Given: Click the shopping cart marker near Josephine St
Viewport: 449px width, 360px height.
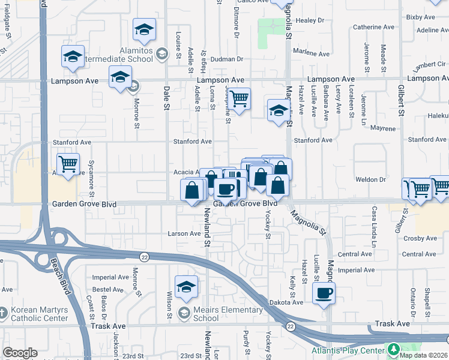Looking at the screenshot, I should point(239,98).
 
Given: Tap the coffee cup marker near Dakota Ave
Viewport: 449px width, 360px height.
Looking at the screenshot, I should point(324,293).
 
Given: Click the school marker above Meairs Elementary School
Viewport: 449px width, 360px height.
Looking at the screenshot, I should point(186,287).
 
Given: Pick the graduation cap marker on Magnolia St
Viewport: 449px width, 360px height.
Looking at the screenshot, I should point(278,110).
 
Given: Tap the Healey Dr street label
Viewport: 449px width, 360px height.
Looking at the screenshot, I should point(309,20).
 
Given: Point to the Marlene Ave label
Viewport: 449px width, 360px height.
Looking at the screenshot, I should point(311,53).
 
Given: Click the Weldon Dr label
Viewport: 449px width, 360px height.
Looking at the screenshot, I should point(373,179).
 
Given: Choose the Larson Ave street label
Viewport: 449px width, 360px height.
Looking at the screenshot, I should point(184,233).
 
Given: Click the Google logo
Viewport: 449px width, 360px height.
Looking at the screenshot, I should point(20,353).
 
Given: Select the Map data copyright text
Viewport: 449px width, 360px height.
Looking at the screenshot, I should point(423,355).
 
